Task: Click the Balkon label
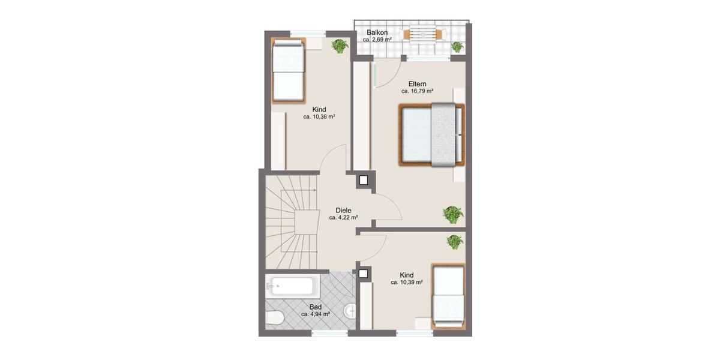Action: (377, 32)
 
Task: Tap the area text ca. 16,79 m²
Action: (418, 92)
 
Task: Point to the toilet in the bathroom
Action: (274, 319)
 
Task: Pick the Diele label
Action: (343, 211)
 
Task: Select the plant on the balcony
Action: (457, 46)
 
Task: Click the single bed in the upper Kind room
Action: (289, 70)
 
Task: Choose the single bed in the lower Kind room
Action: (448, 296)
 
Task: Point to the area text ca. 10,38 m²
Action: (319, 117)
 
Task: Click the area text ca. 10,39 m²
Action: (407, 283)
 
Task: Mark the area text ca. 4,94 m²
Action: (316, 314)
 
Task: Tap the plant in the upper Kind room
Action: (340, 46)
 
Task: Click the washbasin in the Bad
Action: (352, 310)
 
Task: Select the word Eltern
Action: (418, 84)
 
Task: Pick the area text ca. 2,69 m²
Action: (377, 40)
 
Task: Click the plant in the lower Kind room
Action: (455, 242)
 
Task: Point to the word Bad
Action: (316, 307)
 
